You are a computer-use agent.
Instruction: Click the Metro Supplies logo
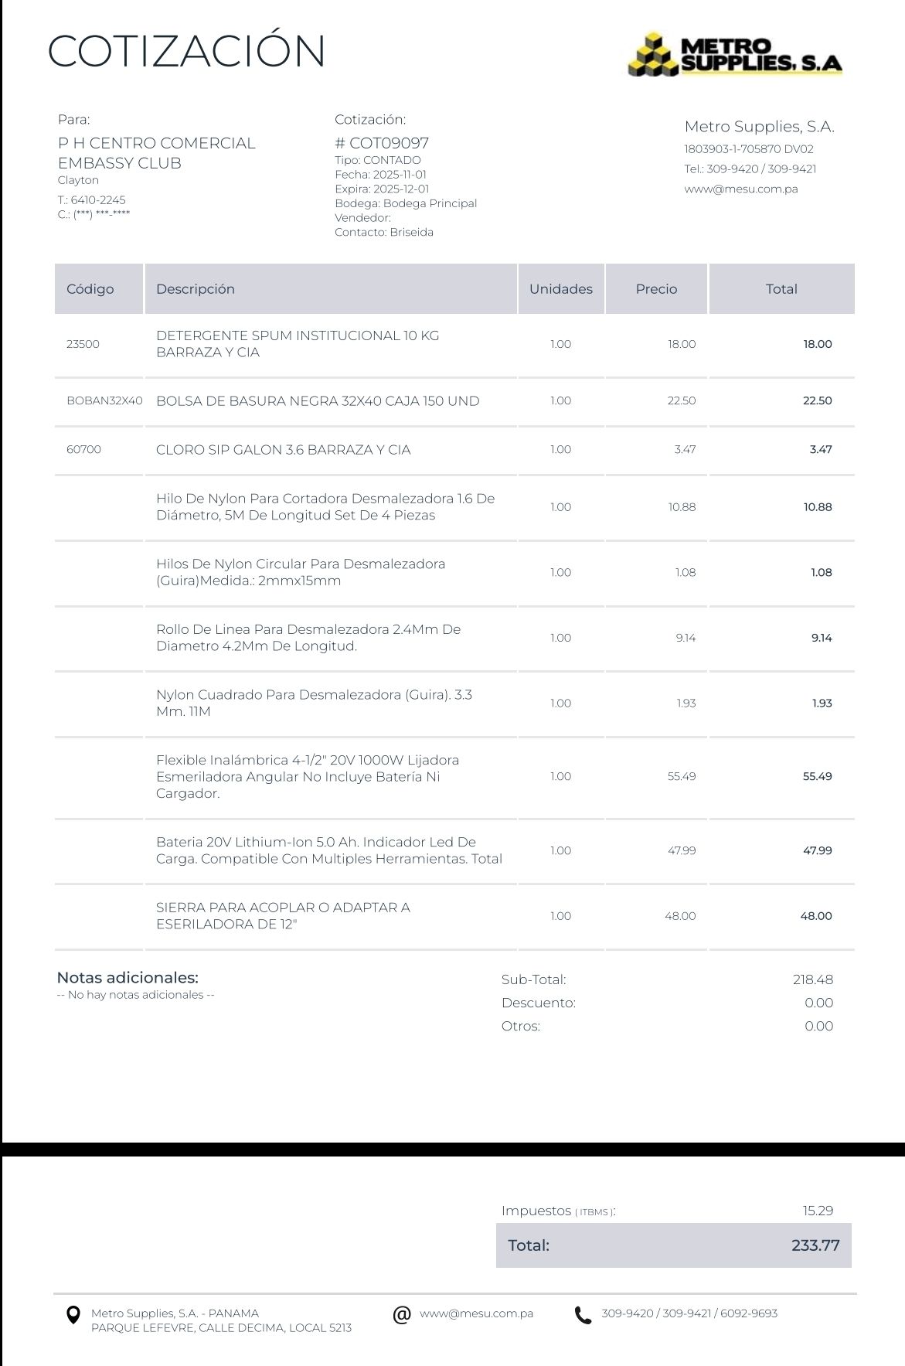[x=735, y=54]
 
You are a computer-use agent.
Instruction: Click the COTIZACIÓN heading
[x=186, y=51]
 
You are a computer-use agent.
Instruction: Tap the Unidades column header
[x=560, y=289]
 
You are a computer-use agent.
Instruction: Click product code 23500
[x=83, y=344]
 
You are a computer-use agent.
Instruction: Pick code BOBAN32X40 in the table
[x=104, y=400]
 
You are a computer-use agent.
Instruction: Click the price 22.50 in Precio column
[x=681, y=400]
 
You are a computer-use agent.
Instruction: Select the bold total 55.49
[x=817, y=776]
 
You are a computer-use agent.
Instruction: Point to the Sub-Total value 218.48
[x=812, y=979]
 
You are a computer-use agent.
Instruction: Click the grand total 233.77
[x=815, y=1245]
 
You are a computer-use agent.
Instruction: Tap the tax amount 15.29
[x=818, y=1211]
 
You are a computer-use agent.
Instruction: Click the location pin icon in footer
[x=73, y=1314]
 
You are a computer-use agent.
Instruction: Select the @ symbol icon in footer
[x=401, y=1314]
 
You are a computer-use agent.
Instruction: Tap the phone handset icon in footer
[x=583, y=1315]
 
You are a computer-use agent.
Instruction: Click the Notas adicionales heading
[x=128, y=977]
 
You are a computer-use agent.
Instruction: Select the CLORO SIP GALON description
[x=283, y=449]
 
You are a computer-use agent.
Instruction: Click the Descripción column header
[x=195, y=289]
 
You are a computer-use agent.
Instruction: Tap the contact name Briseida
[x=411, y=232]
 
